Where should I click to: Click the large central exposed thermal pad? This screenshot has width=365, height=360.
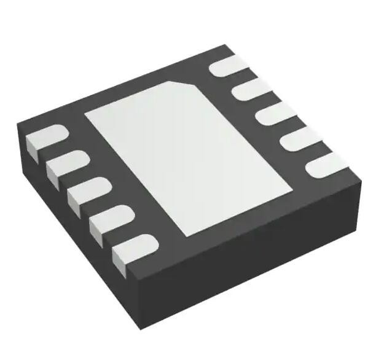pyautogui.click(x=187, y=160)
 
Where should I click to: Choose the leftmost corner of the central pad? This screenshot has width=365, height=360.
pyautogui.click(x=85, y=115)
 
